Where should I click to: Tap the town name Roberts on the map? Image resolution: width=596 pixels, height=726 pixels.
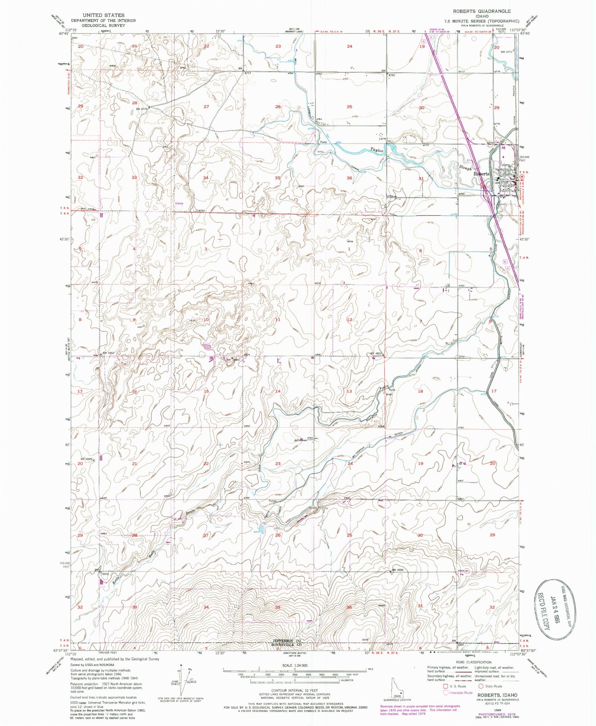click(480, 174)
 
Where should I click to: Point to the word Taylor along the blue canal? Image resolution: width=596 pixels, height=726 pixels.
click(377, 151)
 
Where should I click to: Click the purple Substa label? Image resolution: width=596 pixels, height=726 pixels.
click(180, 203)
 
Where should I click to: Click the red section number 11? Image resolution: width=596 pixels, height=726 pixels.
click(278, 319)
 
